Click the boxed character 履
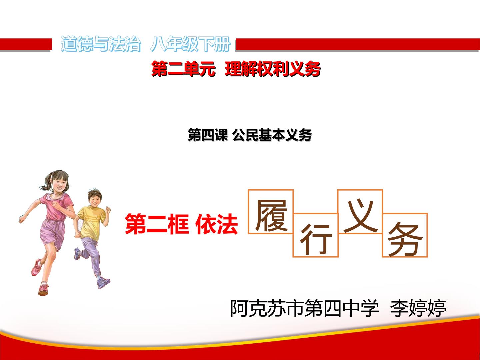271,216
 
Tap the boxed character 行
316,239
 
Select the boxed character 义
361,216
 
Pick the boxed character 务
405,239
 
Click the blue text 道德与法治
101,44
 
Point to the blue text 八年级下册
190,44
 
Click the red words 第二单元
183,69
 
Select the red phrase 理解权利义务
273,69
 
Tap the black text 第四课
208,135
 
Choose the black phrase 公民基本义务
272,135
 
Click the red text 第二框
157,224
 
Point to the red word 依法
216,224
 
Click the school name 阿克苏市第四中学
304,308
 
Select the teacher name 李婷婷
418,308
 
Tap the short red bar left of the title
26,44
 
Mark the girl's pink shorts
52,234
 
